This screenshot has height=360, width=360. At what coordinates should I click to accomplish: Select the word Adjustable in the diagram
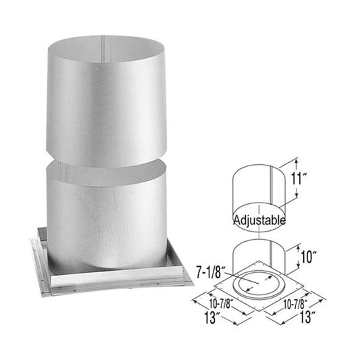tap(259, 220)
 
